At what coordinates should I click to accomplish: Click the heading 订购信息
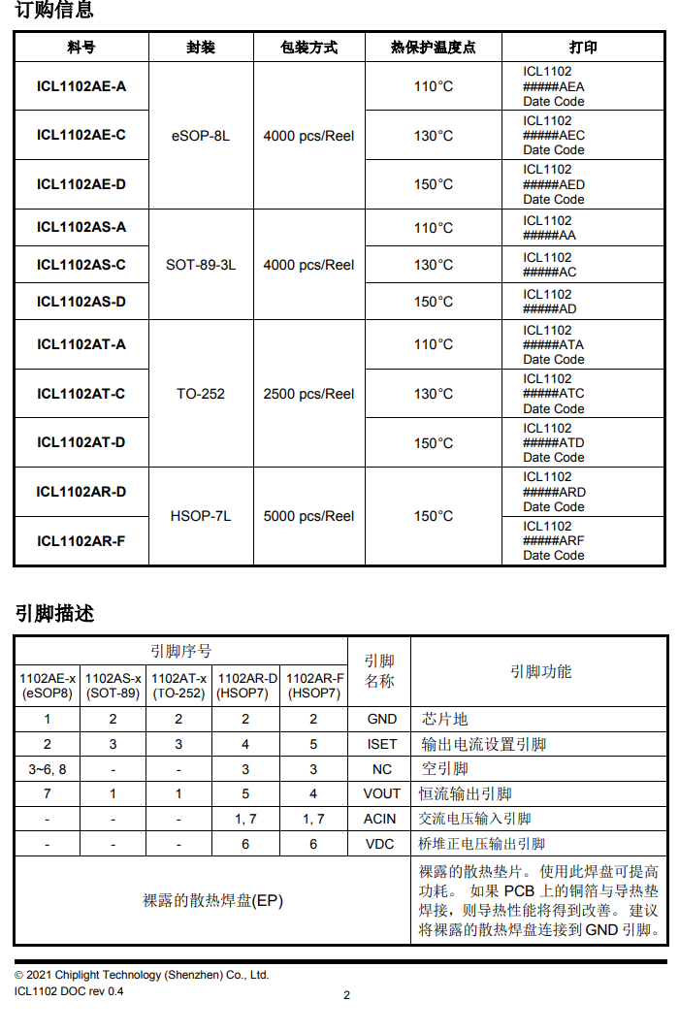point(54,12)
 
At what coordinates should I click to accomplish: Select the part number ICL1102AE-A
point(81,86)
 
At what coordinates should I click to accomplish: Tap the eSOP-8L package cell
point(201,136)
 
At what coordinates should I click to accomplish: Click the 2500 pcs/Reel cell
point(308,394)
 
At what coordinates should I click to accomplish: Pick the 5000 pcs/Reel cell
point(308,516)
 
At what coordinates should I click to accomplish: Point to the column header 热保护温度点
point(433,48)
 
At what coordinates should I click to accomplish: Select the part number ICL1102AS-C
point(81,265)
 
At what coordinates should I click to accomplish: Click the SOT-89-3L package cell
point(201,265)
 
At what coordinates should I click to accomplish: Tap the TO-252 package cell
point(201,394)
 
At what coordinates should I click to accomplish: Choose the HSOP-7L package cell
point(201,516)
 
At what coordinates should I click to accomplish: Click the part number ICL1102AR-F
point(81,540)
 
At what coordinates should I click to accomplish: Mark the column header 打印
point(583,48)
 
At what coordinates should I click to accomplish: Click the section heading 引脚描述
point(54,614)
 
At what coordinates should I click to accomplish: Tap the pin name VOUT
point(381,793)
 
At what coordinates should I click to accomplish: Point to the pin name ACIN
point(380,819)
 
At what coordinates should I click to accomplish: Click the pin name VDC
point(380,844)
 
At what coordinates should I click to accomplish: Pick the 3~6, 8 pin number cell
point(48,769)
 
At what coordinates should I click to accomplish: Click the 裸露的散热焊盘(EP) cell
point(213,901)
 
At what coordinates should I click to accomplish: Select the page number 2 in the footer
point(346,994)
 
